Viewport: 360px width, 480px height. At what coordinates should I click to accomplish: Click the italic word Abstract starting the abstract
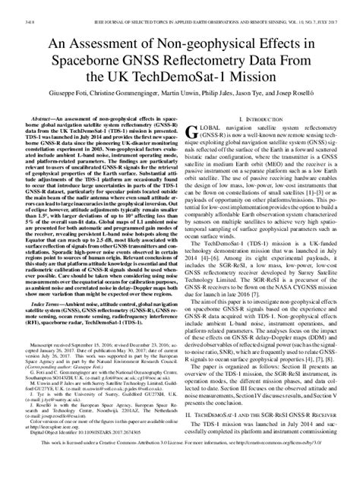pyautogui.click(x=36, y=130)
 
